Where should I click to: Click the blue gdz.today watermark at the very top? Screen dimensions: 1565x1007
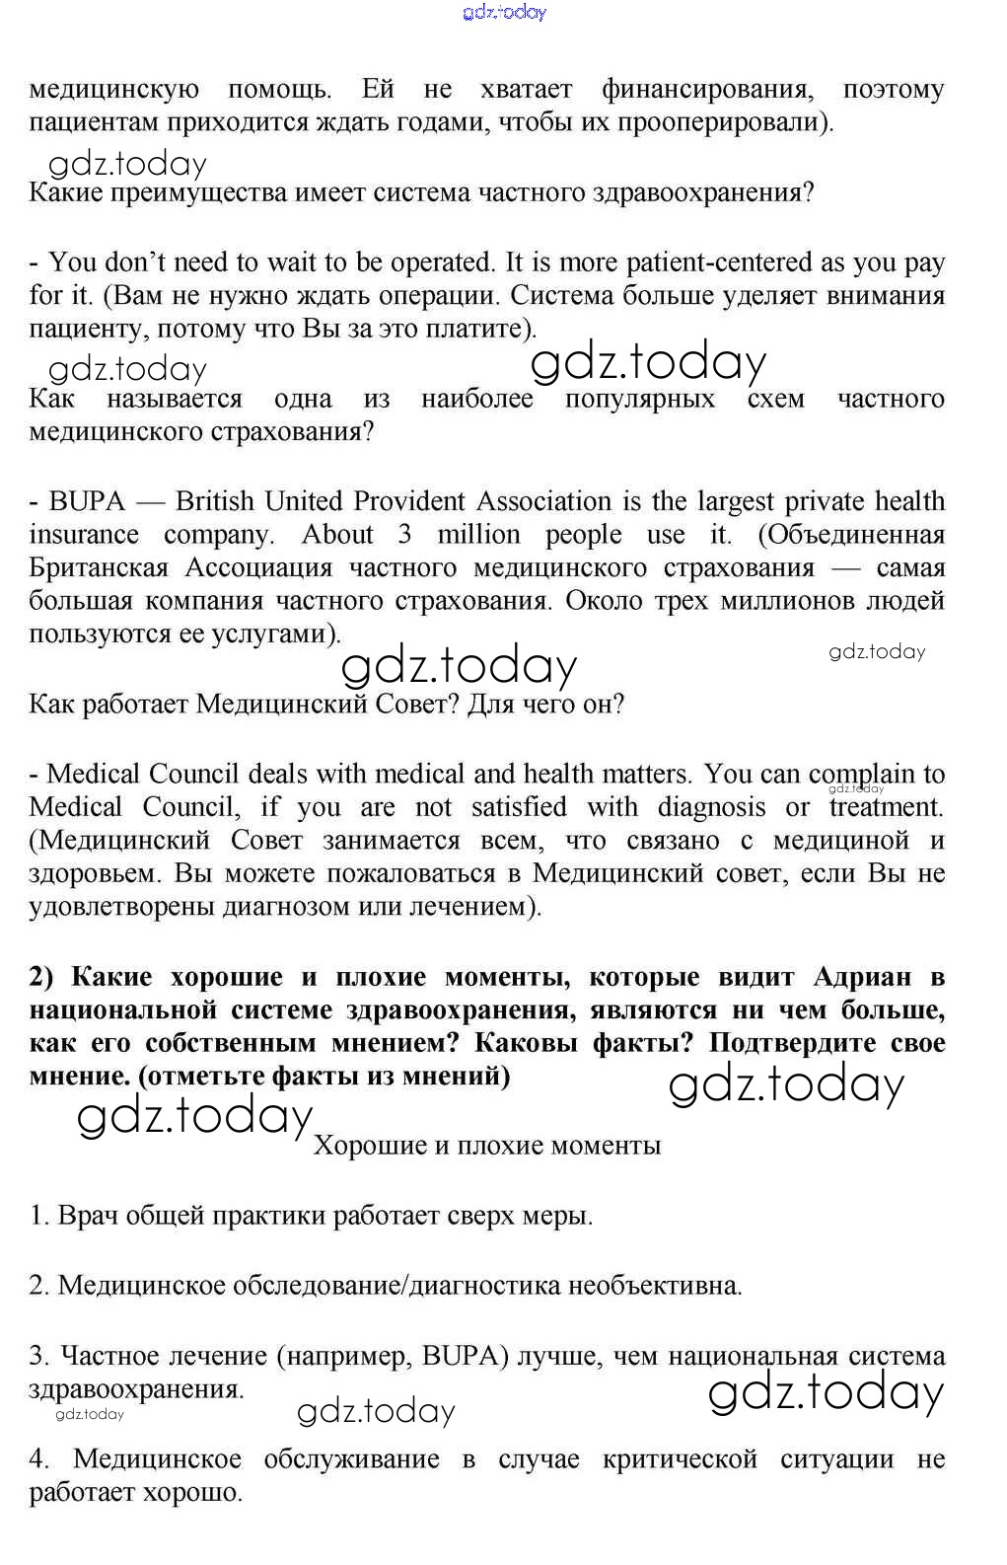(x=503, y=13)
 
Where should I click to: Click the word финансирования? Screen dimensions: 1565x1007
(x=707, y=90)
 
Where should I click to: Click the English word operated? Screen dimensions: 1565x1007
(x=442, y=262)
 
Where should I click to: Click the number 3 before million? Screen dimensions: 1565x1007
(x=404, y=535)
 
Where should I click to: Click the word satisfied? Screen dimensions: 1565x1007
(x=519, y=807)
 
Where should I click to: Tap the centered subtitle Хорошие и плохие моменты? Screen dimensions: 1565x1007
(x=487, y=1146)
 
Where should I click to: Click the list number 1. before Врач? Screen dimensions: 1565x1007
(x=38, y=1216)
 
